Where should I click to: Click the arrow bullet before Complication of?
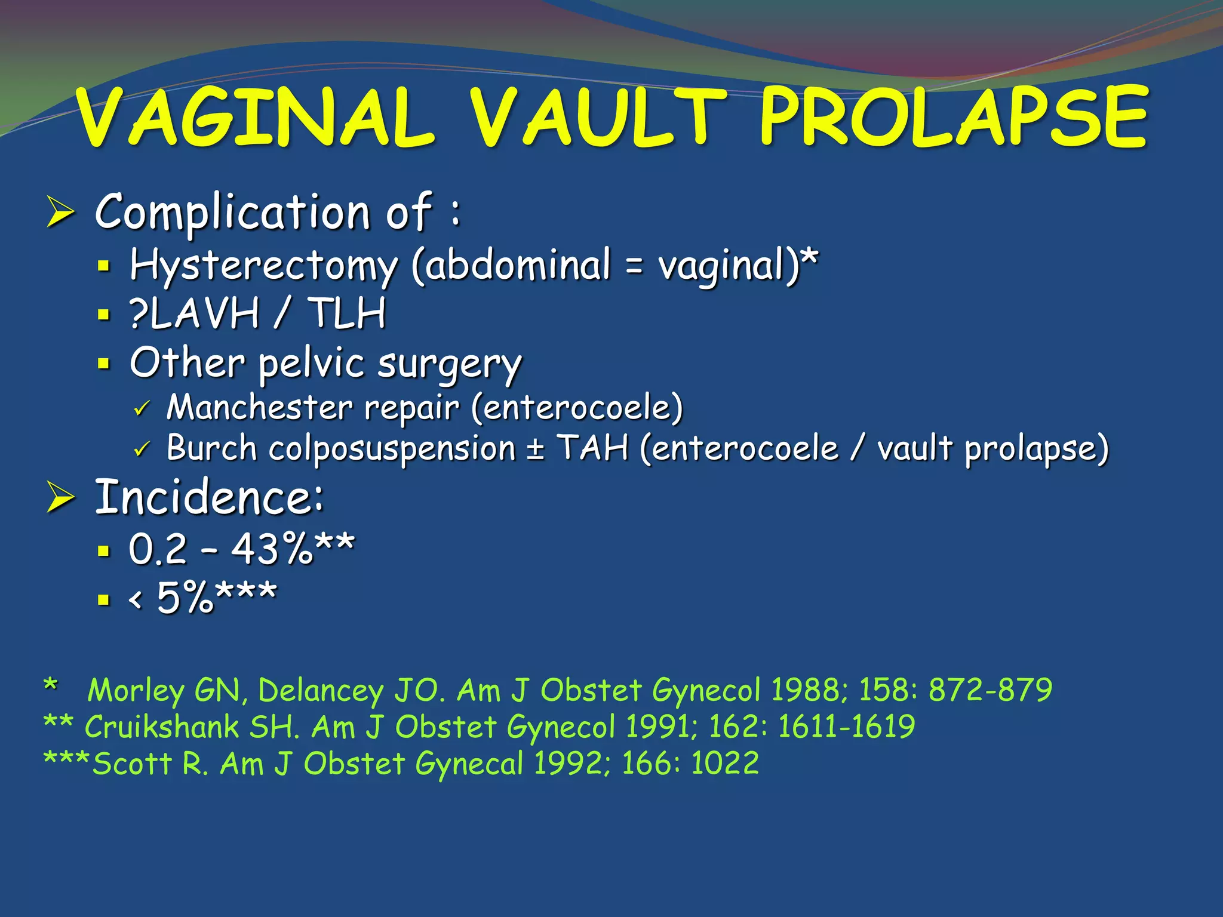point(60,213)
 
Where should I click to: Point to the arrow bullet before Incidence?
point(60,498)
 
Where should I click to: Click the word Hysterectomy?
point(263,266)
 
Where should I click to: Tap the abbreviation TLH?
point(346,313)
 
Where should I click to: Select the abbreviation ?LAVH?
point(195,313)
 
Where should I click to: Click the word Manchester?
point(259,408)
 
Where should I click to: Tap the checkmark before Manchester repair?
point(142,410)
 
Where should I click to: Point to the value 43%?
point(272,549)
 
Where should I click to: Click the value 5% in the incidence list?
point(185,597)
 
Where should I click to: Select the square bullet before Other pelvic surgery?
point(105,363)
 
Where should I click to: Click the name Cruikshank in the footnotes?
point(161,727)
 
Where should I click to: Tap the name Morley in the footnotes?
point(136,691)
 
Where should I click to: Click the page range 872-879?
point(990,690)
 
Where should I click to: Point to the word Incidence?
point(209,497)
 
